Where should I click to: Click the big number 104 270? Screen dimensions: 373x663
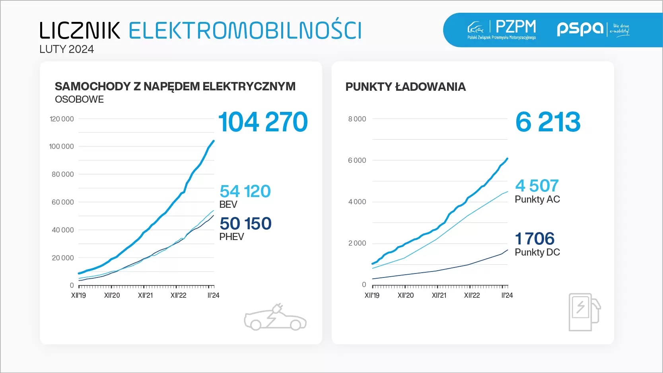coord(263,122)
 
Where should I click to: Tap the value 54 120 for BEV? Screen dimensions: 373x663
coord(245,191)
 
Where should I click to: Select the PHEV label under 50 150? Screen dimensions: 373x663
coord(231,237)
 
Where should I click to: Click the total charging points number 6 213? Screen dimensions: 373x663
coord(548,122)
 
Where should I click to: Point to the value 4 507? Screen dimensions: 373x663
coord(537,186)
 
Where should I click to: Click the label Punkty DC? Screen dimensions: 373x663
coord(537,252)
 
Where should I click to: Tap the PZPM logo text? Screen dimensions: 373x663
coord(515,27)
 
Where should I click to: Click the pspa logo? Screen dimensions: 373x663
coord(580,28)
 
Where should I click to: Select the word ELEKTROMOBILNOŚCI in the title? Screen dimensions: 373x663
coord(245,31)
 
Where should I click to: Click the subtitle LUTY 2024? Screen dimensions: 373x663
coord(66,49)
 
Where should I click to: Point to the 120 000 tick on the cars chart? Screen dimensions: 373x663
coord(62,119)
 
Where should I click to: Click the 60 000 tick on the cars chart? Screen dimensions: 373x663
coord(62,202)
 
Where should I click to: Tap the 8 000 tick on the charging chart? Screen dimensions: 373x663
coord(357,119)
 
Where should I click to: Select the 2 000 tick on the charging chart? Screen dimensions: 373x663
coord(357,243)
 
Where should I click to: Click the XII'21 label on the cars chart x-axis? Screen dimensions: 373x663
coord(145,295)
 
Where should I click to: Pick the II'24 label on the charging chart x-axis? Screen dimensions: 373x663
coord(507,295)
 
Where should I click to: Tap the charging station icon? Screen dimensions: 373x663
coord(584,312)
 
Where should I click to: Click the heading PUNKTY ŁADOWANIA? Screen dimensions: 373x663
coord(405,87)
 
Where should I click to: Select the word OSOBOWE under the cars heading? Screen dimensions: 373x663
coord(79,100)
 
